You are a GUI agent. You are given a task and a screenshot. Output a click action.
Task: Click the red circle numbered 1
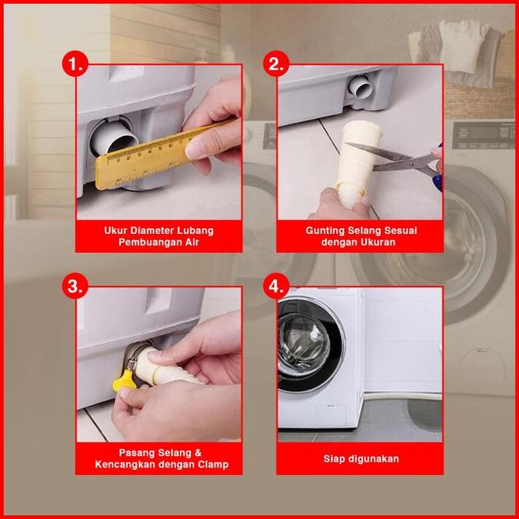point(75,64)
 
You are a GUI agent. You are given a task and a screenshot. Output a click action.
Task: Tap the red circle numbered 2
point(276,64)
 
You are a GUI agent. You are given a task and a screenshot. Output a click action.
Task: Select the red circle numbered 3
point(75,286)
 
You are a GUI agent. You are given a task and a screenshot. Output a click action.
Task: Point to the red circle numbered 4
point(276,286)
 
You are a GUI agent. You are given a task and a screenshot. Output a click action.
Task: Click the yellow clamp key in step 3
point(124,381)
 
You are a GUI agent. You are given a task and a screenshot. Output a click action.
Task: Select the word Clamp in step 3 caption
point(213,464)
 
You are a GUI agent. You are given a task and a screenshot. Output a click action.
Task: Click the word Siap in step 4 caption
point(333,459)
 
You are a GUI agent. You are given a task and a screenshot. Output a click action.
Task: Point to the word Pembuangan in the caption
point(150,242)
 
